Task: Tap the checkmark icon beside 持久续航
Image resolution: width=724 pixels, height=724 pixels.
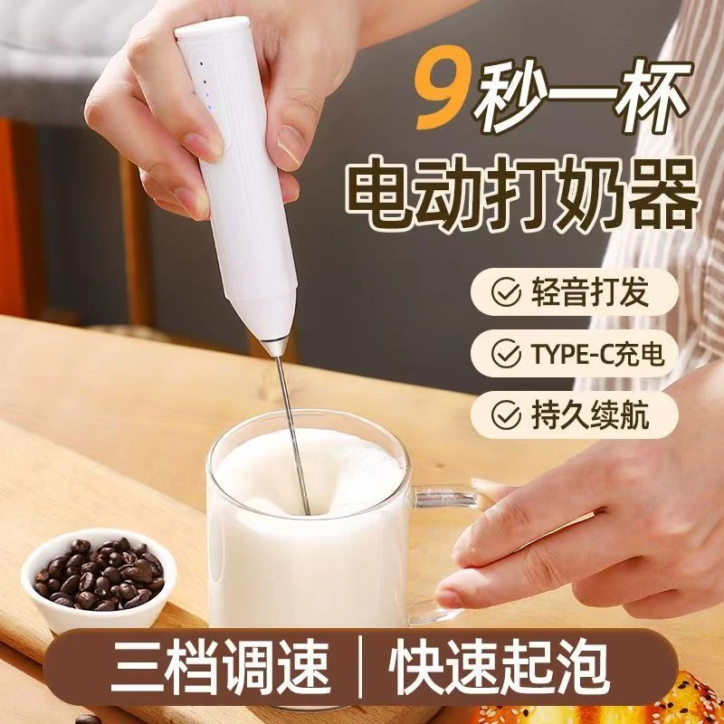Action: click(500, 414)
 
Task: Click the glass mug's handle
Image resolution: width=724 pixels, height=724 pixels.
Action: click(452, 543)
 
